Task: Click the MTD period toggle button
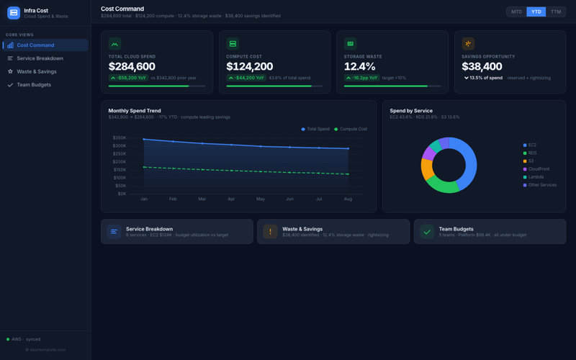(x=516, y=12)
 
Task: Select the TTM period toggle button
(x=556, y=12)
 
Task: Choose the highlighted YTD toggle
(x=536, y=12)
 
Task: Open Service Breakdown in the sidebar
(x=40, y=58)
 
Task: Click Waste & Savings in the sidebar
(x=36, y=71)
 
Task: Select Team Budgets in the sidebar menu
(x=34, y=85)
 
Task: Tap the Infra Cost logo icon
(x=14, y=12)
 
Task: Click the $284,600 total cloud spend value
(x=132, y=67)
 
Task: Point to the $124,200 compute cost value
(x=249, y=67)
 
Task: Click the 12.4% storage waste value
(x=359, y=67)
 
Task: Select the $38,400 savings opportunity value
(x=482, y=67)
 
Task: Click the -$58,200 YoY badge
(x=128, y=78)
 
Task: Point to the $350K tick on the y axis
(x=119, y=138)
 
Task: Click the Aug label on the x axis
(x=348, y=199)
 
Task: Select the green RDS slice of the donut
(x=441, y=186)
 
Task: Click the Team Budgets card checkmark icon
(x=427, y=232)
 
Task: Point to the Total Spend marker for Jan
(x=144, y=139)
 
